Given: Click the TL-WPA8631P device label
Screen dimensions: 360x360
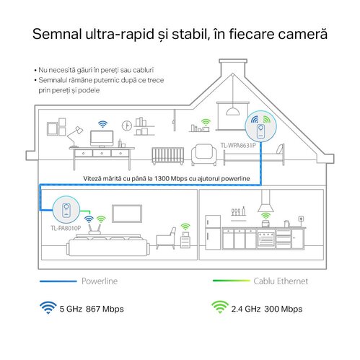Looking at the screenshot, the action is point(238,146).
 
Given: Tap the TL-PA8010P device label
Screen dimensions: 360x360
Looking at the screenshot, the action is point(66,228).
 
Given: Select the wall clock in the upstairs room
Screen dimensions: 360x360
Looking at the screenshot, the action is point(127,126).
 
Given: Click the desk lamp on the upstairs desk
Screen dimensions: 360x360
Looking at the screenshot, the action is point(75,136).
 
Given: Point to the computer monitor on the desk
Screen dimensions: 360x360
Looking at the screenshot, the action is point(102,139).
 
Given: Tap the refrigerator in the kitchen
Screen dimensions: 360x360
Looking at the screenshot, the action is point(213,232).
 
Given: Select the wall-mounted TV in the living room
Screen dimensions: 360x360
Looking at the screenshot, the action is point(127,214).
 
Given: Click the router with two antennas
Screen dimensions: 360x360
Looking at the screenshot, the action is point(95,229).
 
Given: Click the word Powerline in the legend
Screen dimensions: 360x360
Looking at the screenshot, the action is point(100,281).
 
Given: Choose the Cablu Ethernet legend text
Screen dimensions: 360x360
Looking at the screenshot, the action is point(281,281).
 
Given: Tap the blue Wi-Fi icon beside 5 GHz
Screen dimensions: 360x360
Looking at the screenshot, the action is point(48,307).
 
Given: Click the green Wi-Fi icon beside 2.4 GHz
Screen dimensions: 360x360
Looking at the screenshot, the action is point(220,307).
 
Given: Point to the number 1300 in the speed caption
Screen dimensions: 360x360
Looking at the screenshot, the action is point(162,178).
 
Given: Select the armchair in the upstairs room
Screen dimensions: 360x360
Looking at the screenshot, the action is point(204,154).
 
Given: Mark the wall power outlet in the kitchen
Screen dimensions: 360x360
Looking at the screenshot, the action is point(301,219).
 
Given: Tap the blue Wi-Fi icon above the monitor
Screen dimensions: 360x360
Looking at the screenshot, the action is point(102,124).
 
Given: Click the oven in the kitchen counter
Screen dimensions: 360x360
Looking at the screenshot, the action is point(265,239).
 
